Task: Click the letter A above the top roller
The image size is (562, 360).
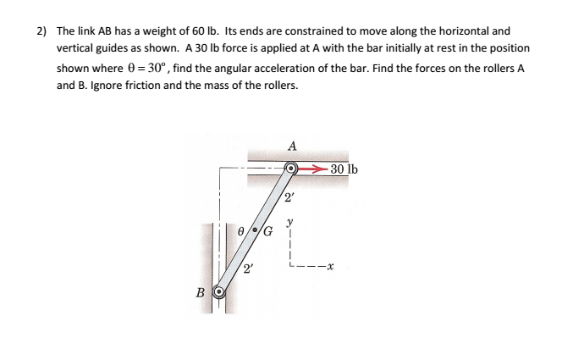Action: pos(291,145)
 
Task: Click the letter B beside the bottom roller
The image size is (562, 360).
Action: pos(200,292)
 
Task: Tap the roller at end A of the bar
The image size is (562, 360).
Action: pos(290,169)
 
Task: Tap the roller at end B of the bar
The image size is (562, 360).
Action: pos(218,292)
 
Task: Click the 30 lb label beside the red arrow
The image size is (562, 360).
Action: pos(344,169)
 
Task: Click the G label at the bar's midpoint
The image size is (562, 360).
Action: pos(268,231)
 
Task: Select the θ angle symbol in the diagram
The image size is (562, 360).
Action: pos(241,229)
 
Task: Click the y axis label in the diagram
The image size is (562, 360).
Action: pos(290,224)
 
